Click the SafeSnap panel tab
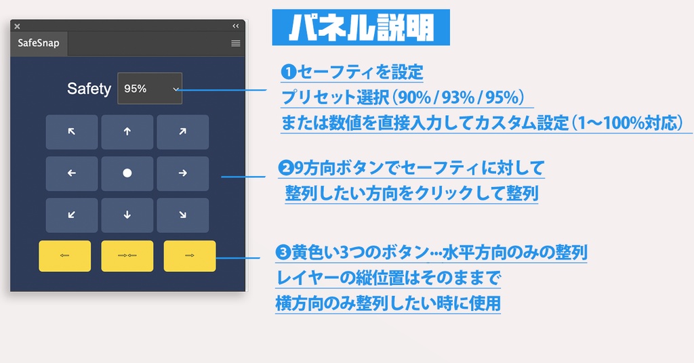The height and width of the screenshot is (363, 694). pos(39,43)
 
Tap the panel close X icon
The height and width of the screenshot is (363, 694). pos(17,26)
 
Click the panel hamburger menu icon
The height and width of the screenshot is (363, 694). pos(236,43)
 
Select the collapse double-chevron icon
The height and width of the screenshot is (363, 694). pos(236,26)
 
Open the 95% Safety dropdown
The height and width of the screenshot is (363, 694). pos(150,88)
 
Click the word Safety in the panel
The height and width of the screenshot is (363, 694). pos(89,89)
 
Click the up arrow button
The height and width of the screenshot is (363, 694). pos(127,132)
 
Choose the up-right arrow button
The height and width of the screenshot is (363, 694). pos(182,132)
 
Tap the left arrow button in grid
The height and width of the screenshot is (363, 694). pos(72,173)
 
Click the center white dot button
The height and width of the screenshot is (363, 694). pos(127,173)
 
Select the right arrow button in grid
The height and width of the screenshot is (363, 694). pos(182,173)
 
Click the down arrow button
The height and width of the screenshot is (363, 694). pos(127,215)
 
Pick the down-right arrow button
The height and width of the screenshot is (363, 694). pos(182,215)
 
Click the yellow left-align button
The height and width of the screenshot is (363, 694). pos(65,256)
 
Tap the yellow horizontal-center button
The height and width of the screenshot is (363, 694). pos(127,256)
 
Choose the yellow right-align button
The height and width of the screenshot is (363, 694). pos(190,256)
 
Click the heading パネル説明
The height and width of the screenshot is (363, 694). pos(361,28)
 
